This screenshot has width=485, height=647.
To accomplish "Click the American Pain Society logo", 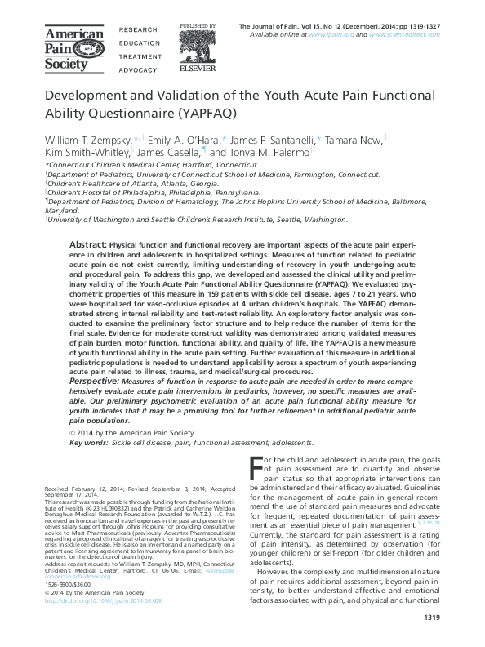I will [73, 48].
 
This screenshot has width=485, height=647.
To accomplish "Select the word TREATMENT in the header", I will [140, 58].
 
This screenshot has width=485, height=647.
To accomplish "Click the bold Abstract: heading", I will [88, 245].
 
